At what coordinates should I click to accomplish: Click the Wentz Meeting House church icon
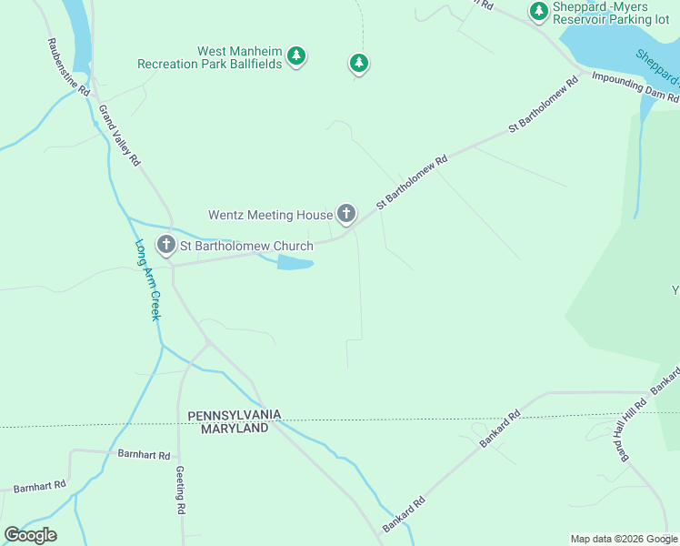tap(345, 214)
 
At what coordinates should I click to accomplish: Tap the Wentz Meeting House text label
tap(271, 216)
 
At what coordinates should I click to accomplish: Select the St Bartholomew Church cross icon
tap(165, 244)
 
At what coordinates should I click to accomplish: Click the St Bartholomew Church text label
tap(246, 246)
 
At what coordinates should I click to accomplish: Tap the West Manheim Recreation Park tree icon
tap(295, 56)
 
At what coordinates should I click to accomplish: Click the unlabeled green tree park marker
tap(359, 63)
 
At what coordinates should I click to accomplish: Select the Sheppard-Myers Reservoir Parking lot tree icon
tap(539, 11)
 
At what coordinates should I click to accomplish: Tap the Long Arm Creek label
tap(147, 279)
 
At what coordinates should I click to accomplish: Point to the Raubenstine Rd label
tap(68, 67)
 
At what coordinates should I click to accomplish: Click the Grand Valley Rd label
tap(120, 136)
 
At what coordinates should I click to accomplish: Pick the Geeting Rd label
tap(181, 492)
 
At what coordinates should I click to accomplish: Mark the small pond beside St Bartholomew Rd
tap(295, 263)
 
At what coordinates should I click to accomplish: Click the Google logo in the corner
tap(30, 535)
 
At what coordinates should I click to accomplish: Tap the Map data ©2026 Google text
tap(623, 539)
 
